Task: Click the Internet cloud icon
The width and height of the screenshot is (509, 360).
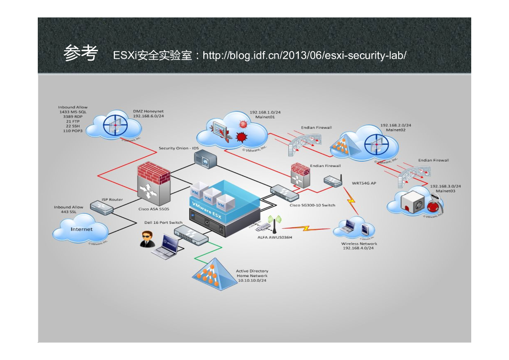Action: coord(82,229)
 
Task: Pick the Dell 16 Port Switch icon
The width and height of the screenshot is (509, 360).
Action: coord(191,234)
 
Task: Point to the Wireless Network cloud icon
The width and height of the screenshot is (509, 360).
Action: coord(354,229)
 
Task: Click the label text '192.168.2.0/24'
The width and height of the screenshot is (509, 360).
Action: coord(396,125)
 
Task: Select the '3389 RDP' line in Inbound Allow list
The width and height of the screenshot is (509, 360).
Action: coord(73,117)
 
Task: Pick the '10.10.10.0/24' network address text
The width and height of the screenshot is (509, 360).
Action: coord(252,280)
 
